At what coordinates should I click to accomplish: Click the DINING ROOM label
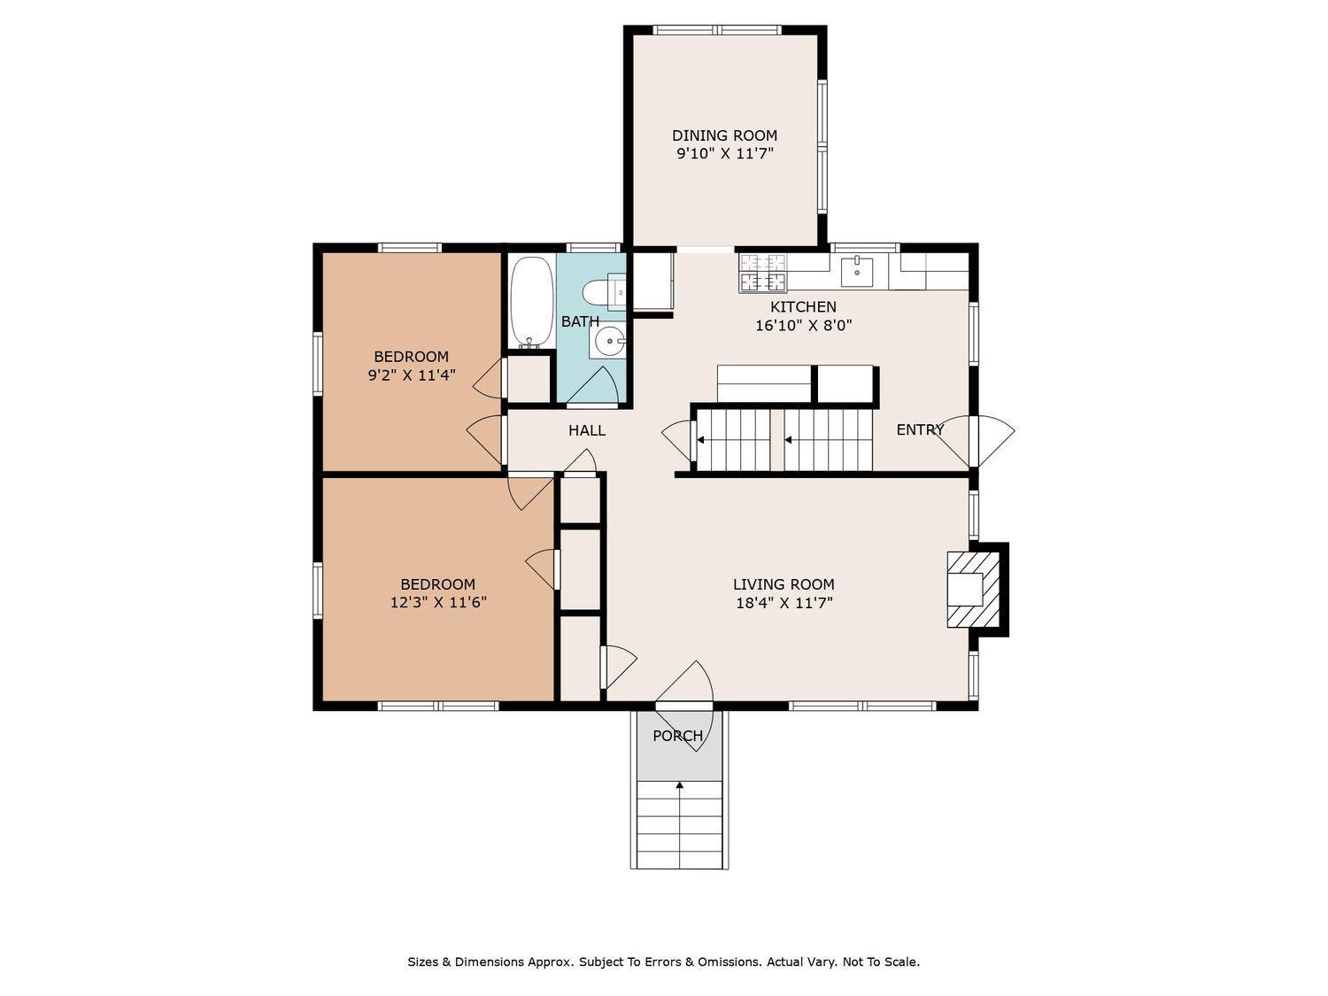click(724, 135)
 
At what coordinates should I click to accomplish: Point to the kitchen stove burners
click(763, 272)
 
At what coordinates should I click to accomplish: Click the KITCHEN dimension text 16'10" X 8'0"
click(803, 326)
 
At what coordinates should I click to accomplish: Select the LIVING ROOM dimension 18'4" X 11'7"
click(784, 603)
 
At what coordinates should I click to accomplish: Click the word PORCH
click(677, 736)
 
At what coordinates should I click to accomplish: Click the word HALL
click(587, 430)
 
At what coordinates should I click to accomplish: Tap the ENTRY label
click(920, 430)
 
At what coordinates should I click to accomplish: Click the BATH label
click(580, 321)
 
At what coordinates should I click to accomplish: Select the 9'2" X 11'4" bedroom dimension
click(412, 375)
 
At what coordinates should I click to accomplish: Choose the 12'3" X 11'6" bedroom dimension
click(438, 602)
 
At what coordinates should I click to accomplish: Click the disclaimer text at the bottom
click(664, 961)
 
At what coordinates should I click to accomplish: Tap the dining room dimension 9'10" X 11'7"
click(725, 153)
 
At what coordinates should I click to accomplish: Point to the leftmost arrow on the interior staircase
click(700, 440)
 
